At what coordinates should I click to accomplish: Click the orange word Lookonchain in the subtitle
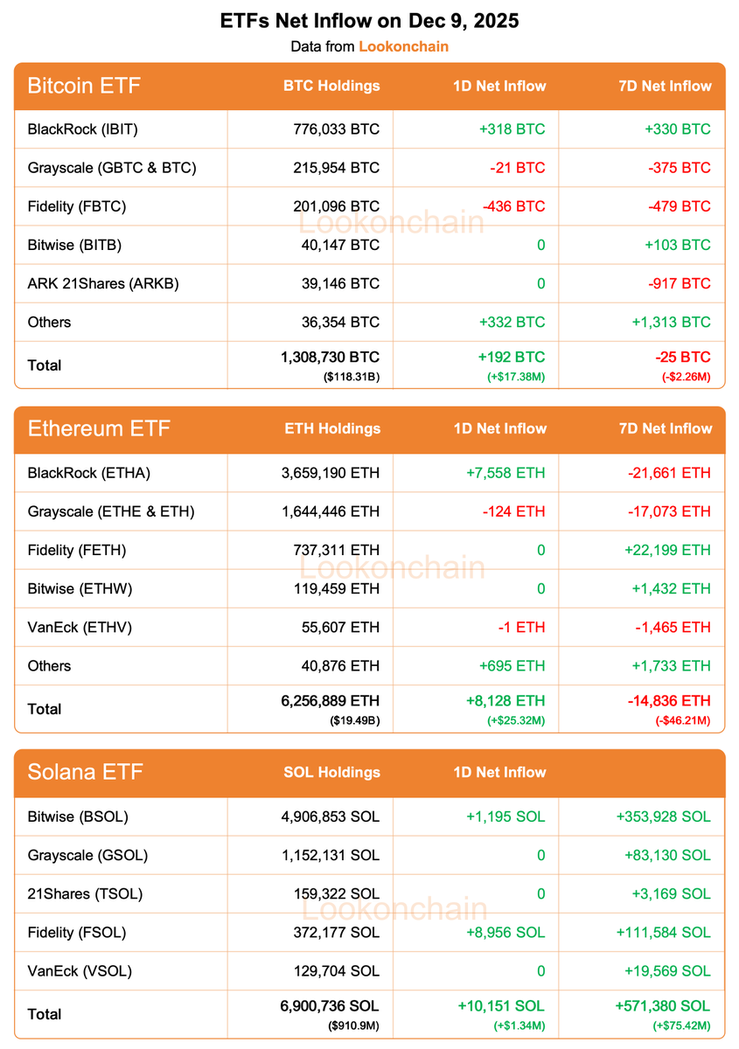pyautogui.click(x=403, y=46)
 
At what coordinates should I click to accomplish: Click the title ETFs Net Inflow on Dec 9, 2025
pyautogui.click(x=369, y=21)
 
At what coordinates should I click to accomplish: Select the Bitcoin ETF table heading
pyautogui.click(x=84, y=86)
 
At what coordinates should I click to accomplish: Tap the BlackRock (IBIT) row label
pyautogui.click(x=83, y=129)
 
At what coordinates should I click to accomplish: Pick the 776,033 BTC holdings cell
pyautogui.click(x=337, y=129)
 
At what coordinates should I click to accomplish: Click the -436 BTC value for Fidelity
pyautogui.click(x=513, y=206)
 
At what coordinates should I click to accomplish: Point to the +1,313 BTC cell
pyautogui.click(x=671, y=322)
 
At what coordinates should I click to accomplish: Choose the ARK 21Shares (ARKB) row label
pyautogui.click(x=103, y=283)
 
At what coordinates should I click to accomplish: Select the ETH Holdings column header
pyautogui.click(x=332, y=429)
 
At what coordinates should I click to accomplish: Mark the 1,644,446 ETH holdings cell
pyautogui.click(x=328, y=511)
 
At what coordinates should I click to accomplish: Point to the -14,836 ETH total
pyautogui.click(x=669, y=701)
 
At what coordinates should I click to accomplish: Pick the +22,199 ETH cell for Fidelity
pyautogui.click(x=666, y=550)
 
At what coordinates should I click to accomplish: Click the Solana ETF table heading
pyautogui.click(x=85, y=773)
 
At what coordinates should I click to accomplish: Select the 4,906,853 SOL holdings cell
pyautogui.click(x=328, y=816)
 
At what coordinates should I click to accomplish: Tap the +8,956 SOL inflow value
pyautogui.click(x=505, y=932)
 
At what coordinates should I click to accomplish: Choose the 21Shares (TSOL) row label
pyautogui.click(x=85, y=893)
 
